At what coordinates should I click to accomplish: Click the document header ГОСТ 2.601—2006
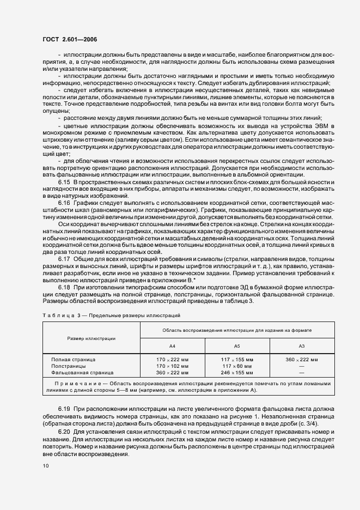click(70, 39)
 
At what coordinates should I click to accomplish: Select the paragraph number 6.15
click(65, 181)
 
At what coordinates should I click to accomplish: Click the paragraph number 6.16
click(65, 202)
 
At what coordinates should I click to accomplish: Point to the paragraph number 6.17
click(65, 259)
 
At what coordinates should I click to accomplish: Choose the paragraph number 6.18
click(65, 287)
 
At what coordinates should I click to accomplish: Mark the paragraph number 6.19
click(65, 409)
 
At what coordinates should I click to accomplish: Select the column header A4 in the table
click(173, 346)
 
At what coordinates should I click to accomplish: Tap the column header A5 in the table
click(237, 346)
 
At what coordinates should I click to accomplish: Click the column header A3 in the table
click(301, 346)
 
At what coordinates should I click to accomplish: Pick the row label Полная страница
click(73, 360)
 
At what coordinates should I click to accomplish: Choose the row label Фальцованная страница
click(82, 373)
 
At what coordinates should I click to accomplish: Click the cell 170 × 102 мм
click(173, 367)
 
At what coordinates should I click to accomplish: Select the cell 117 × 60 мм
click(237, 367)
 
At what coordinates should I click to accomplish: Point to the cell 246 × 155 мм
click(237, 373)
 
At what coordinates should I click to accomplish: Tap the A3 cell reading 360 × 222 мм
click(301, 360)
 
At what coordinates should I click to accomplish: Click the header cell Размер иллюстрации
click(91, 338)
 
